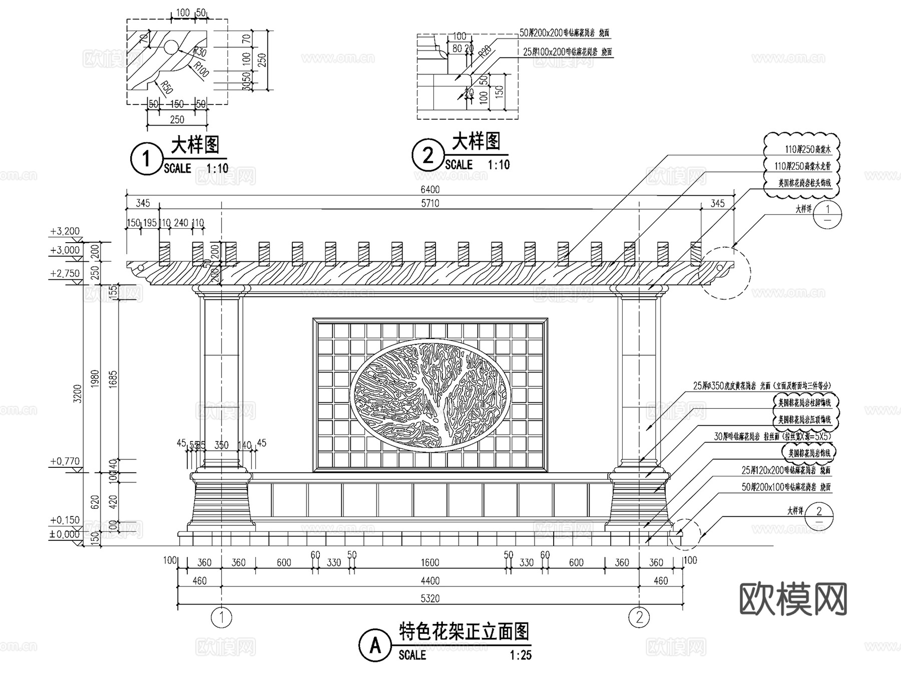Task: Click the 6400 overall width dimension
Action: (x=430, y=189)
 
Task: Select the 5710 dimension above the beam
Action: (x=430, y=203)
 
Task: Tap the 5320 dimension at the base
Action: (x=430, y=598)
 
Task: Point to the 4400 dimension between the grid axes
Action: (x=430, y=581)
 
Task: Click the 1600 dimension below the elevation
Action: (x=430, y=562)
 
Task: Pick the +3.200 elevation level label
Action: (x=65, y=231)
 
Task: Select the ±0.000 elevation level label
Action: (x=65, y=534)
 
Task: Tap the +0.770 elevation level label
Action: (x=65, y=461)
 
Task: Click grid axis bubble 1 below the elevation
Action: (x=222, y=617)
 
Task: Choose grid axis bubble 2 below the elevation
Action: (x=639, y=617)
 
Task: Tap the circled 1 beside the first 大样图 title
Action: (x=146, y=159)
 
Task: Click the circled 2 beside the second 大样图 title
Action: (x=427, y=155)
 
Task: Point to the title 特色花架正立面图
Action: (x=464, y=632)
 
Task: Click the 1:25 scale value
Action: (x=521, y=655)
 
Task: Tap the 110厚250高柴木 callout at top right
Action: (x=807, y=149)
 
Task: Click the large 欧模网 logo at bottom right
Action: (x=793, y=598)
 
